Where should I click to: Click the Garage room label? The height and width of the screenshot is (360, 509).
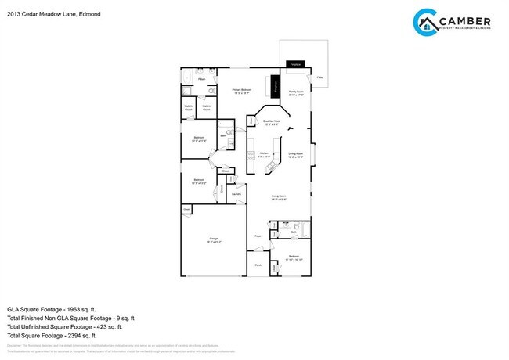213,239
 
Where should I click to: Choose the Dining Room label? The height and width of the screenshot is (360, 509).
295,154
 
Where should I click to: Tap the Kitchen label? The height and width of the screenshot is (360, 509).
264,154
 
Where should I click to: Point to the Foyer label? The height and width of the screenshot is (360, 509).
258,235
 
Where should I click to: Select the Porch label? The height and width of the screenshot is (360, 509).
258,265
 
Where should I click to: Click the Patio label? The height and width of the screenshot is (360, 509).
319,77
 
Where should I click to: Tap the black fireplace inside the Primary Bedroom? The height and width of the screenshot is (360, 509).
275,85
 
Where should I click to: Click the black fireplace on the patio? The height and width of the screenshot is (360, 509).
295,63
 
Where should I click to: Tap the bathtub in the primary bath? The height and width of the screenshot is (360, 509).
189,72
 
